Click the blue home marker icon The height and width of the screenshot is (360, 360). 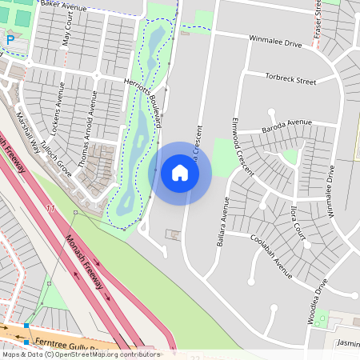click(180, 173)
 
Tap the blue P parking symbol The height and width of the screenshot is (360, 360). click(10, 39)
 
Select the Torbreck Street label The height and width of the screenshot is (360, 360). click(290, 78)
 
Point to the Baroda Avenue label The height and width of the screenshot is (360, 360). click(286, 124)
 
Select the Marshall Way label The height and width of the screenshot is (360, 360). click(29, 132)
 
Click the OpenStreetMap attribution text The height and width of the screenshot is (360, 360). click(81, 354)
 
